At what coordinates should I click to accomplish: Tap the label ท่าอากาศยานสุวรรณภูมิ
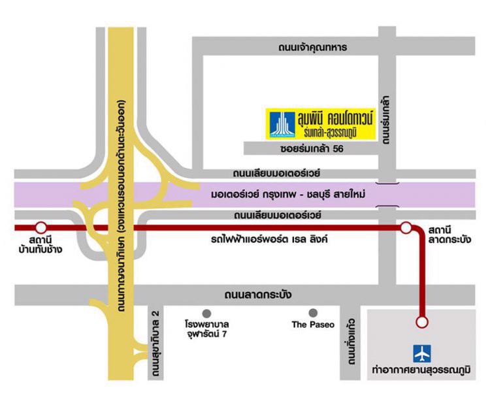coord(422,371)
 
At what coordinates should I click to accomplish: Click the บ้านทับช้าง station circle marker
coord(41,228)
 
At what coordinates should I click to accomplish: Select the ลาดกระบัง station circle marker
coord(406,228)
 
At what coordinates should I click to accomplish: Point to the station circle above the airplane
coord(422,322)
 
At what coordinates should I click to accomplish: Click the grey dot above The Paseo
coord(314,312)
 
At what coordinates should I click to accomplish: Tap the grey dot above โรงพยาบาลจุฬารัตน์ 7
coord(207,312)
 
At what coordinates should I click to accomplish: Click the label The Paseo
coord(313,325)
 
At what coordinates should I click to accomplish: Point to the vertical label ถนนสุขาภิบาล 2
coord(156,341)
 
